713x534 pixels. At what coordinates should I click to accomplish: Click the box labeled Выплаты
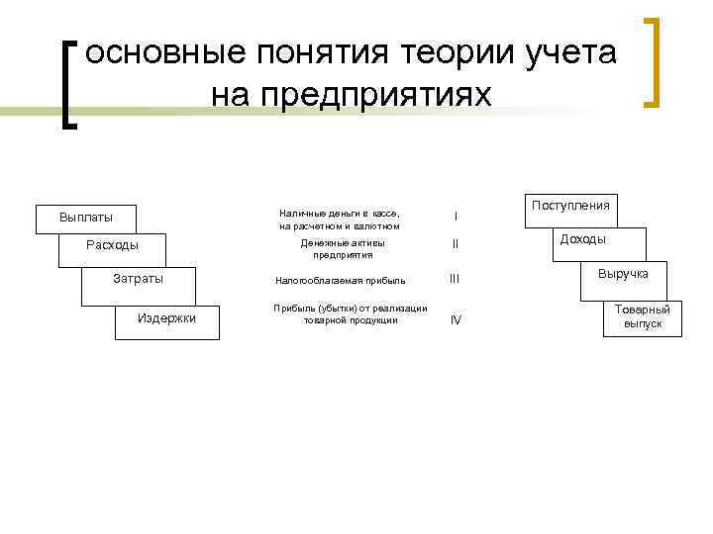(x=85, y=218)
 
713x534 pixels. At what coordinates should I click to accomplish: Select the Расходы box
(x=111, y=246)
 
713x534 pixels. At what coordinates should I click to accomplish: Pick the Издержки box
(x=166, y=318)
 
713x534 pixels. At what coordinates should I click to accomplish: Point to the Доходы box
(x=583, y=239)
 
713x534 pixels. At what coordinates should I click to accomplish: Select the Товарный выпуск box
(x=643, y=316)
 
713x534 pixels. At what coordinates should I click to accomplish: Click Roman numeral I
(x=456, y=217)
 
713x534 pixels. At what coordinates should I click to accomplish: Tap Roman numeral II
(x=456, y=244)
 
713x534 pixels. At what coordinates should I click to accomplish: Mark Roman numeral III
(x=455, y=280)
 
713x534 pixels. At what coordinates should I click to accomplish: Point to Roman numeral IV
(x=456, y=319)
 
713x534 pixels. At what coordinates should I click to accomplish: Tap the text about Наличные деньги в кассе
(x=339, y=220)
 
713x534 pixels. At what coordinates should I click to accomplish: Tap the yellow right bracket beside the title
(x=651, y=61)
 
